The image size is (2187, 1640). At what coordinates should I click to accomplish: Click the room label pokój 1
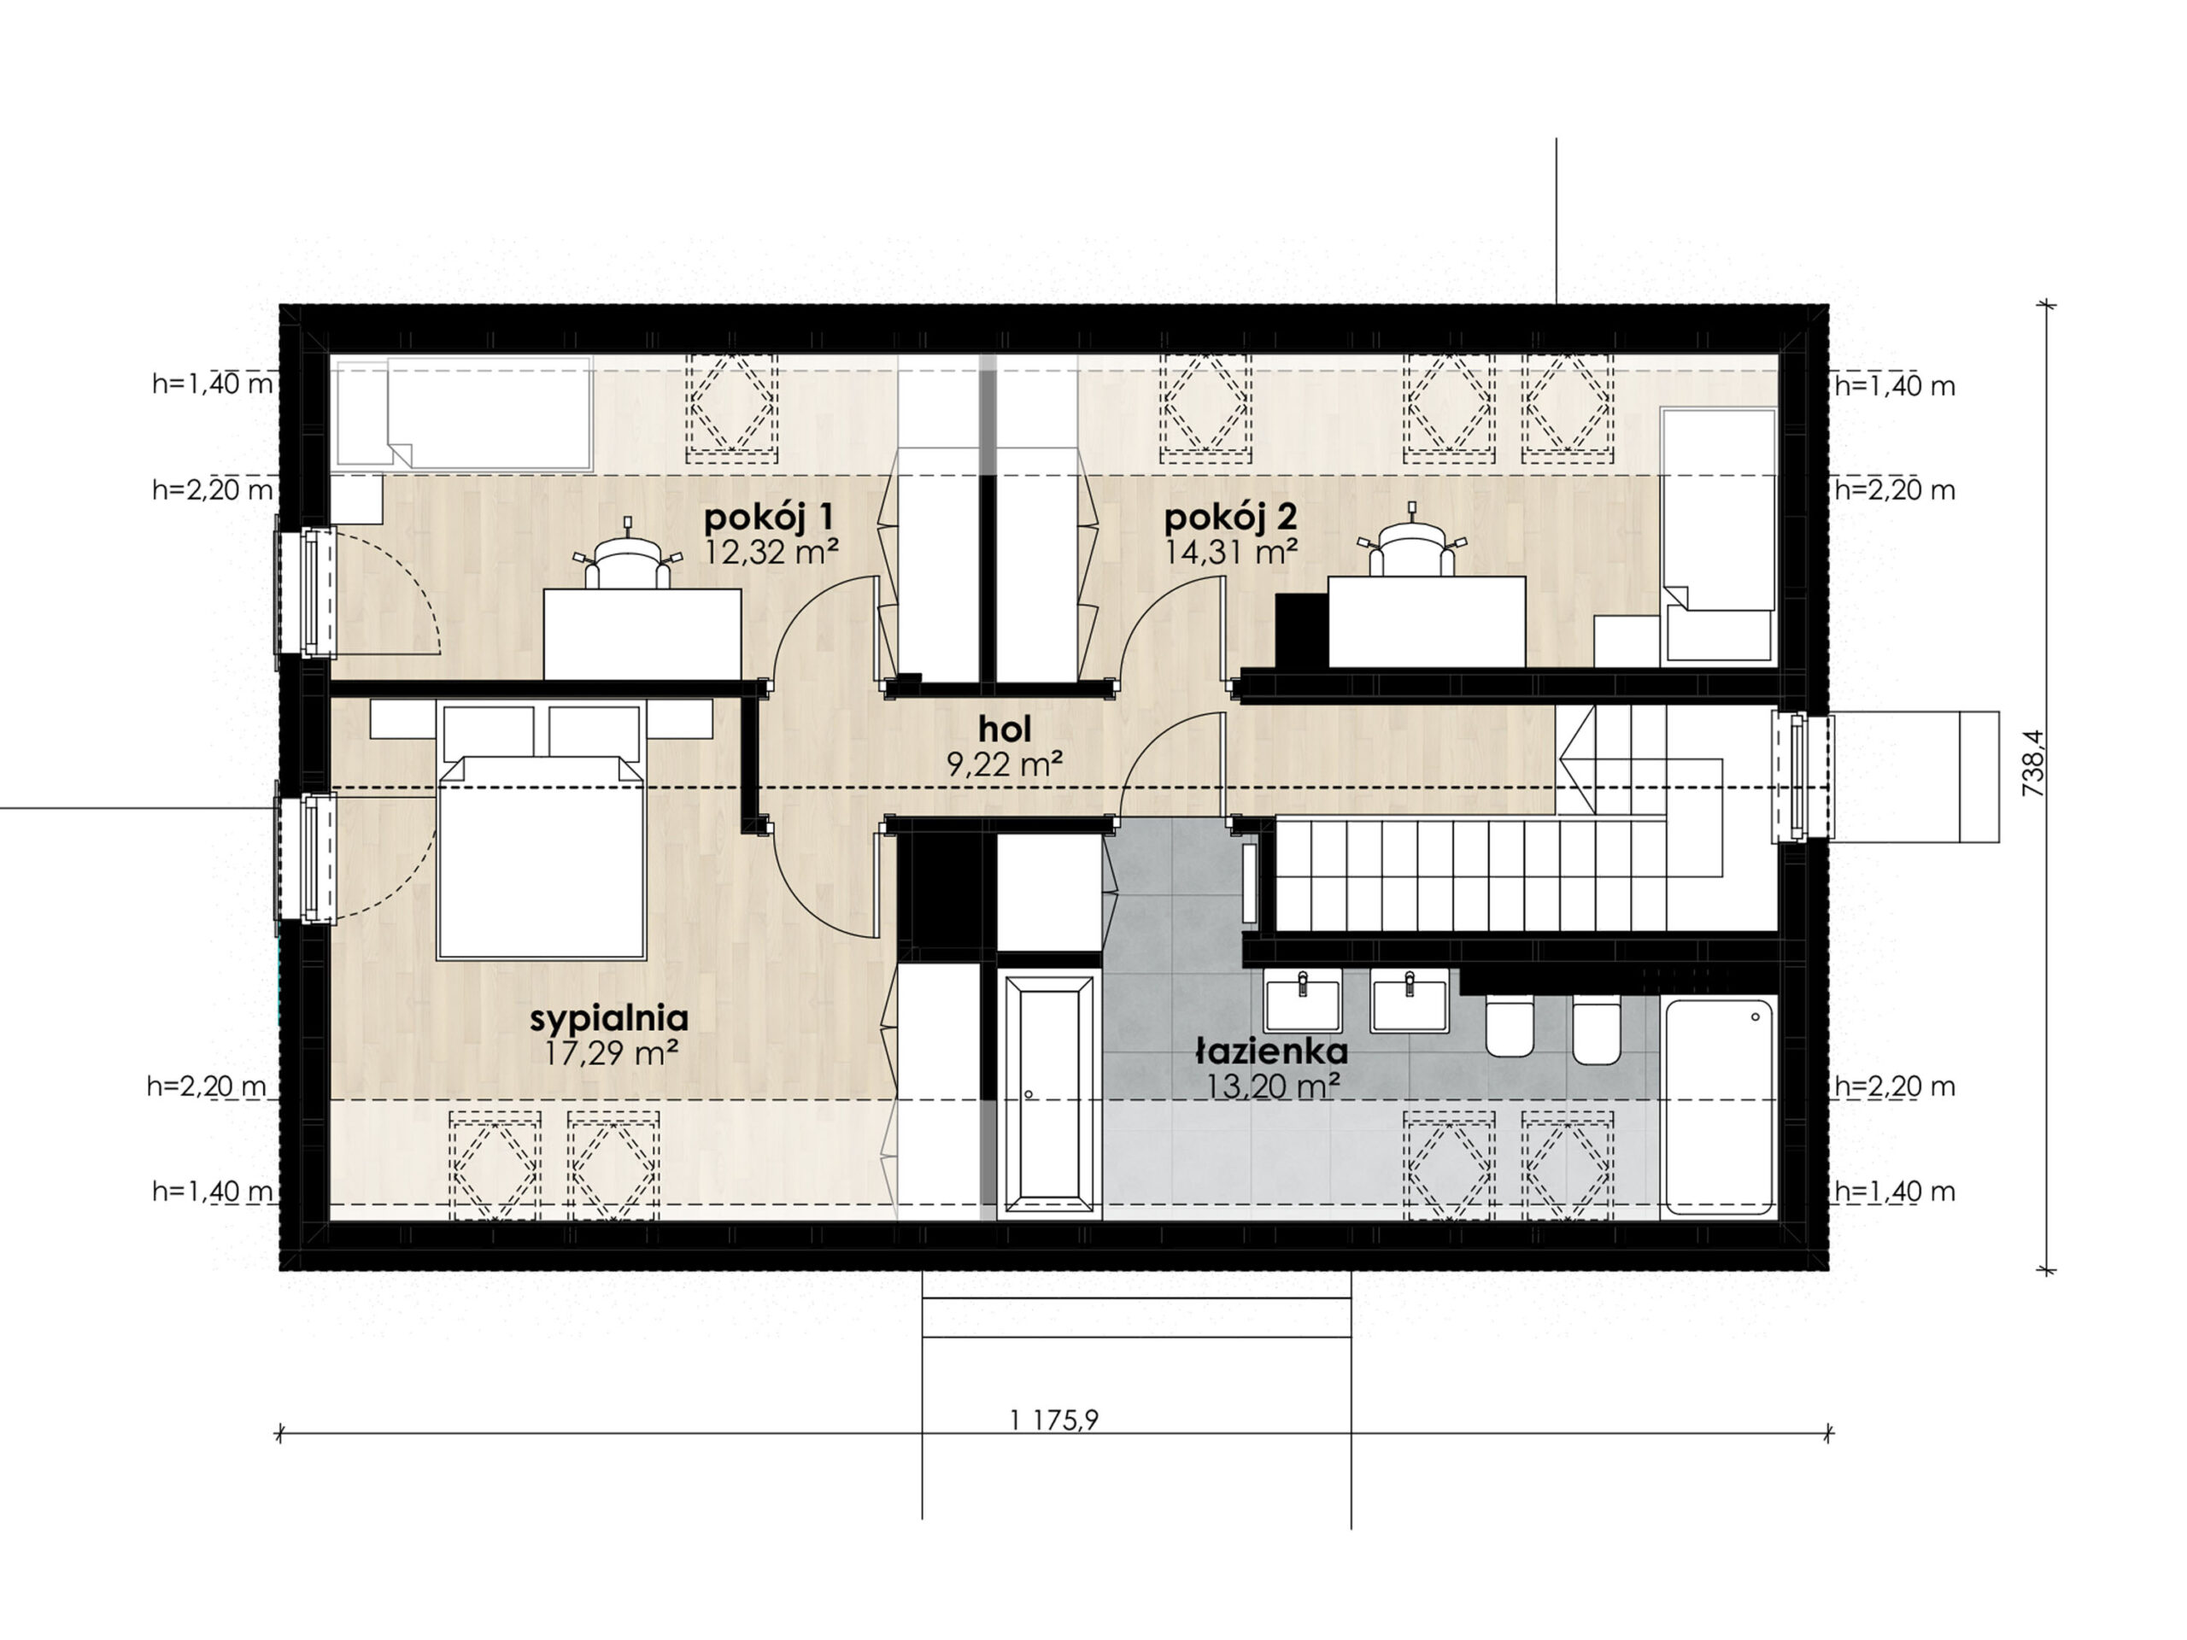pos(769,517)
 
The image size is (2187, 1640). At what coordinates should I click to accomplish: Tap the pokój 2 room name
pos(1230,517)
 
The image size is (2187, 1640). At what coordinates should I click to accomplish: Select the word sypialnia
pos(609,1019)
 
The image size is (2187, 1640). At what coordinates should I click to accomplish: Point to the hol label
pos(1005,729)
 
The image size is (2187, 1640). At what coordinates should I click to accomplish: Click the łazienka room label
pos(1271,1050)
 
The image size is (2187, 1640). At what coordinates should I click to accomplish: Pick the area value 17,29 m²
pos(611,1054)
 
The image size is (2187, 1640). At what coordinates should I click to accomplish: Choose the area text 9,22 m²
pos(1005,764)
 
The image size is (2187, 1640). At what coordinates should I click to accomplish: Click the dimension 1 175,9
pos(1054,1420)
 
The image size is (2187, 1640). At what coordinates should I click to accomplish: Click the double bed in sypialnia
pos(541,830)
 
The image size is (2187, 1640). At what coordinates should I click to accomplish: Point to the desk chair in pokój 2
pos(1412,545)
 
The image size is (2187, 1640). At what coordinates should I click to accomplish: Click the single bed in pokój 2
pos(1718,535)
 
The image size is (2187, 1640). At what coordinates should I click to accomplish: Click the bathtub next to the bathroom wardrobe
pos(1049,1093)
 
